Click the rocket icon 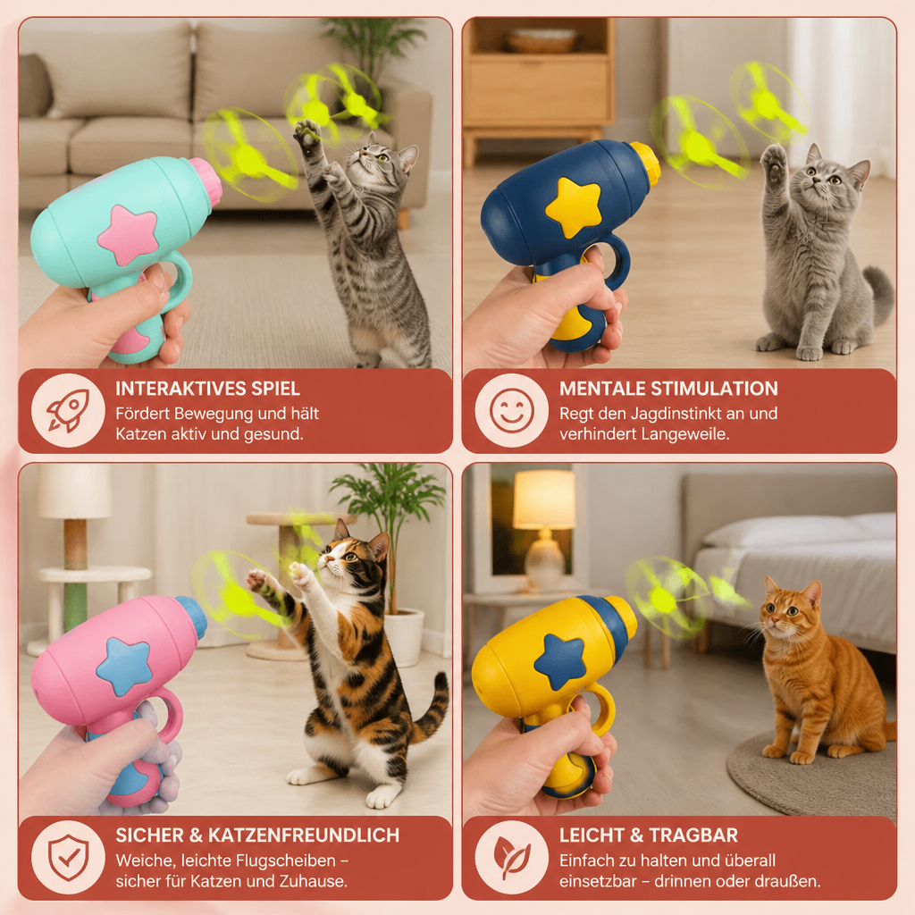(x=68, y=410)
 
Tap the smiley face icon (x=512, y=410)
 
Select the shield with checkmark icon (x=68, y=857)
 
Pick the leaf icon (x=512, y=857)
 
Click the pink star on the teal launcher (x=128, y=235)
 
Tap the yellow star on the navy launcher (x=573, y=207)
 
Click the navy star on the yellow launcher (x=559, y=660)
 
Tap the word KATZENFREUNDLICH (x=304, y=835)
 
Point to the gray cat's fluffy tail (x=879, y=295)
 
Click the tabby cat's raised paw (x=307, y=133)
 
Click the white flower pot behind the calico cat (x=405, y=636)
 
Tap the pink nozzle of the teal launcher (x=206, y=181)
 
